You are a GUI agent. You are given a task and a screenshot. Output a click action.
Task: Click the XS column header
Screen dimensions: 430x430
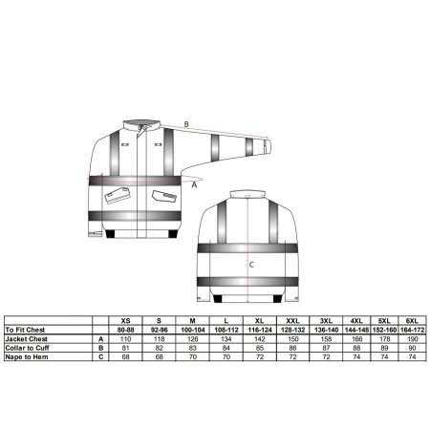126,320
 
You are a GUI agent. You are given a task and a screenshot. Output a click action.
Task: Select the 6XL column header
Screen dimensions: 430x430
412,320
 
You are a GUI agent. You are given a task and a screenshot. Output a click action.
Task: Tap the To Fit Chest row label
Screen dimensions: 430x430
25,330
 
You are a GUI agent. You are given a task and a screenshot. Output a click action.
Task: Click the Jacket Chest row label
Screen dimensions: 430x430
26,339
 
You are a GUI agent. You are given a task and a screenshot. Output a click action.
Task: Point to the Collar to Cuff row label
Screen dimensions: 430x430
27,348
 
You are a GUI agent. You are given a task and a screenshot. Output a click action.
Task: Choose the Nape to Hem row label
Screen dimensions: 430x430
27,356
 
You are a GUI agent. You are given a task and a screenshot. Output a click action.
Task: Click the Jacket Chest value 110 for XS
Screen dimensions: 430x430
126,339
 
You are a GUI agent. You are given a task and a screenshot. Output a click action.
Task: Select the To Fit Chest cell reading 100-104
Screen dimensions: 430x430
193,330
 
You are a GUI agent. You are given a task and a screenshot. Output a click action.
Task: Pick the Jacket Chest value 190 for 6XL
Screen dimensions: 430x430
412,339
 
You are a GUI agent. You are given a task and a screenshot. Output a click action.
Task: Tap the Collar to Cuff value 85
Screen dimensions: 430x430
260,348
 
